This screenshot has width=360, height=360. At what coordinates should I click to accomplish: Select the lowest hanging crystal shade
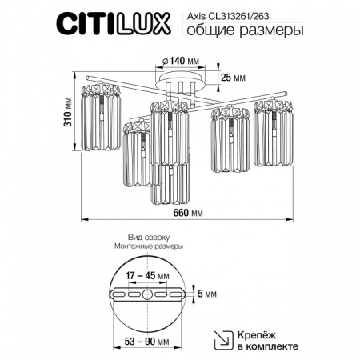[x=172, y=182]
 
